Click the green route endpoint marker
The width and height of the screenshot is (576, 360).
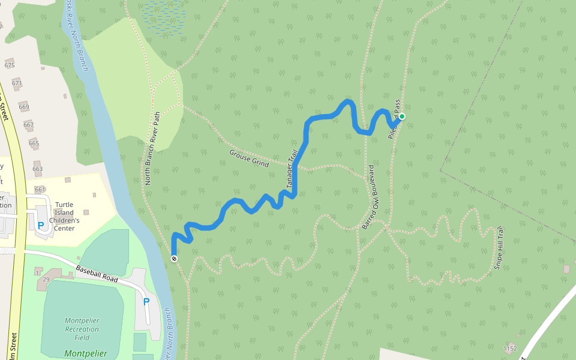click(x=402, y=116)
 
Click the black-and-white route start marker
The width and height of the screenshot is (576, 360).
click(x=174, y=259)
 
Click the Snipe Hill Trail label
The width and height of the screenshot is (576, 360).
click(x=499, y=247)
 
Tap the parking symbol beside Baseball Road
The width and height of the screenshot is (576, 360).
click(x=146, y=302)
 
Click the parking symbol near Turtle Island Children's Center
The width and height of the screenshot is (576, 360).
click(x=41, y=226)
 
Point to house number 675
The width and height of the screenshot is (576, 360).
click(x=9, y=65)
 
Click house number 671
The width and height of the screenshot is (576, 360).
click(x=17, y=83)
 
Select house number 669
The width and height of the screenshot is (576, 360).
click(x=23, y=107)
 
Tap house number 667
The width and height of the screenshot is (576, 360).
click(x=28, y=125)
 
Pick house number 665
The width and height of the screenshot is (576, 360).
click(x=34, y=143)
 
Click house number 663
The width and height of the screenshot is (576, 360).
click(x=37, y=169)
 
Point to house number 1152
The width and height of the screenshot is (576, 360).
click(x=511, y=348)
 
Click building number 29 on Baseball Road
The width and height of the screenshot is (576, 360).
click(x=46, y=280)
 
